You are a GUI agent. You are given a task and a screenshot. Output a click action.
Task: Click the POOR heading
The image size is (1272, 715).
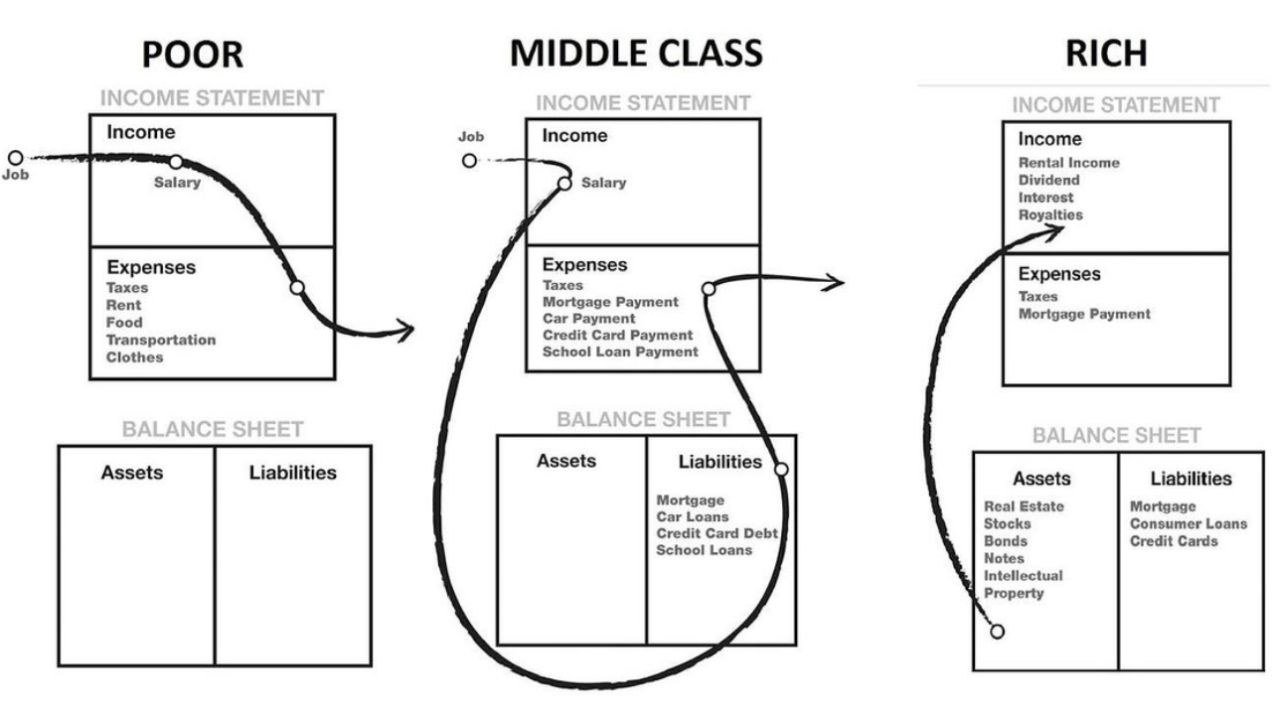(192, 54)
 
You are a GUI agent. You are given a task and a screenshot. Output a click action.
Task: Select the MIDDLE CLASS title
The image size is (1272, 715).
(636, 54)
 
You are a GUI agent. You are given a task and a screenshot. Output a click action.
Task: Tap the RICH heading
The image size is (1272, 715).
(1106, 54)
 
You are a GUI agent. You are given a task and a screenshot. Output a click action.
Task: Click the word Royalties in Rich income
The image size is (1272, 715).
(1050, 214)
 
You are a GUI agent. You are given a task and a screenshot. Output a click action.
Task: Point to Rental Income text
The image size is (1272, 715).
(1068, 163)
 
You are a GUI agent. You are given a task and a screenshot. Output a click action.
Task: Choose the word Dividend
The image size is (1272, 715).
(1048, 180)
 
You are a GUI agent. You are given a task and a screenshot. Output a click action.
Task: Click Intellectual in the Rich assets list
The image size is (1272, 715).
(1023, 575)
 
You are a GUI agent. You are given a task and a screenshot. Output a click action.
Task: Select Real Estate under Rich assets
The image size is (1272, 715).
(1024, 506)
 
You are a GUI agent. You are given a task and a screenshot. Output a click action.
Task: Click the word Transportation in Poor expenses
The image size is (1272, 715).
(160, 340)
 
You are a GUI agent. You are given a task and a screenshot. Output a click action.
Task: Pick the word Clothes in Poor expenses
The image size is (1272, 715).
(134, 357)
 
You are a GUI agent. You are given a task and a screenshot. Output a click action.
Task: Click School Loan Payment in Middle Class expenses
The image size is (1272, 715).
(620, 352)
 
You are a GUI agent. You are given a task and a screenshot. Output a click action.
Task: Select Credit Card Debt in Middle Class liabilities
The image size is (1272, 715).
(716, 533)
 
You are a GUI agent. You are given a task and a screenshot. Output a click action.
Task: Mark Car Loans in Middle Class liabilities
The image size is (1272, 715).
(693, 516)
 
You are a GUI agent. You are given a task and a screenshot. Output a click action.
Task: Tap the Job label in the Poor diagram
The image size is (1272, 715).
(16, 173)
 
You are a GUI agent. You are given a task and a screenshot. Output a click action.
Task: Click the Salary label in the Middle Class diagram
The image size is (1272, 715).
(603, 183)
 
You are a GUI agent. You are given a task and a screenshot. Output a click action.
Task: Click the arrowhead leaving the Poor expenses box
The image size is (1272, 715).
(405, 330)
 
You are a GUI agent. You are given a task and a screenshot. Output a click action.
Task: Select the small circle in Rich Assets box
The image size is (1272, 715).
(997, 632)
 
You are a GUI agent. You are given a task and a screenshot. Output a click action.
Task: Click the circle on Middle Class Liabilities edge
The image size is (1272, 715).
(781, 469)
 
